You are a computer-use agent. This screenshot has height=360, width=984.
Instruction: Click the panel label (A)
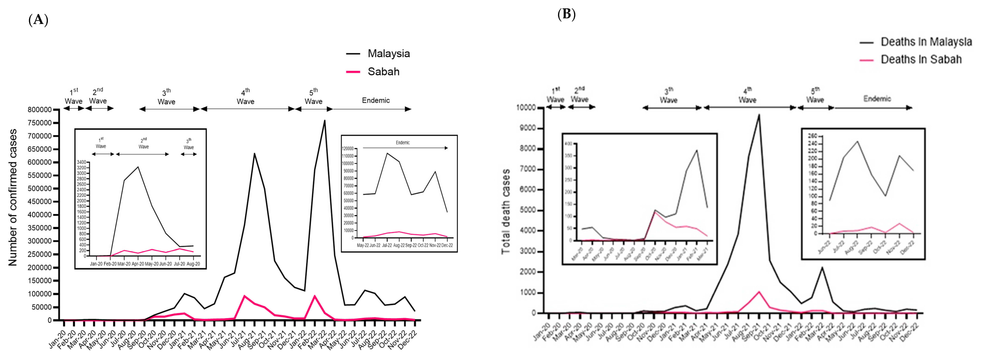pos(38,20)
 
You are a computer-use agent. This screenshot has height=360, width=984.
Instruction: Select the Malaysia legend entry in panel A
pos(389,54)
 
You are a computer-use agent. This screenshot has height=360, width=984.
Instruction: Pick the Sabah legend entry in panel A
pos(383,72)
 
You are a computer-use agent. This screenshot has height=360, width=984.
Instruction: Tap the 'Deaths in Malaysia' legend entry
pos(926,42)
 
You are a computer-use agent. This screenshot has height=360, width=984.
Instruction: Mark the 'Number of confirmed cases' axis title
pos(13,197)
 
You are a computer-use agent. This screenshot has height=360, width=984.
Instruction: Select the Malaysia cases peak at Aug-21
pos(254,154)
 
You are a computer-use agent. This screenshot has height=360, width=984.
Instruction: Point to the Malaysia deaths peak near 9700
pos(759,115)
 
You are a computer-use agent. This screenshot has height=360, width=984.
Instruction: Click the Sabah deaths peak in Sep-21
pos(759,292)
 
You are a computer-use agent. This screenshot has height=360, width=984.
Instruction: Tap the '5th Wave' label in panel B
pos(815,95)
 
